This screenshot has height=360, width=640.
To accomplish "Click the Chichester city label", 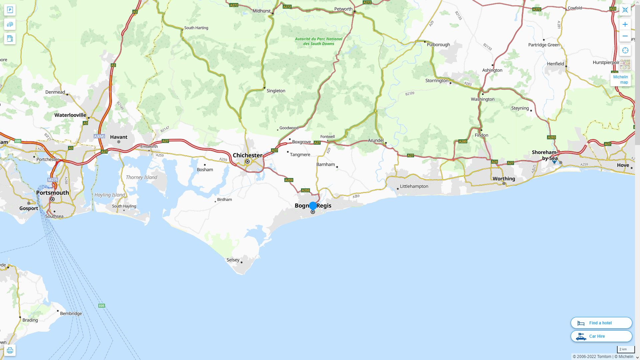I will point(247,155).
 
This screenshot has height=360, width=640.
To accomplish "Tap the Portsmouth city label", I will point(52,193).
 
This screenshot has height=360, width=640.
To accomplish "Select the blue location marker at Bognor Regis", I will point(313,206).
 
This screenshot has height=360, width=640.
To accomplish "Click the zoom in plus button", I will point(625,24).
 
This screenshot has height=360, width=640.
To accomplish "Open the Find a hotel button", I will point(601,323).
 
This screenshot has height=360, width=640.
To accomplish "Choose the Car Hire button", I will point(601,336).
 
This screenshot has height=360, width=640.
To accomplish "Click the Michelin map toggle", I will point(620,80).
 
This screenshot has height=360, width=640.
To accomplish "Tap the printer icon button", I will point(10,350).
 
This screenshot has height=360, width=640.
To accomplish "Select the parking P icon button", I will point(10,10).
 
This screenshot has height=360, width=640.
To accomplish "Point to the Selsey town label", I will point(233,260).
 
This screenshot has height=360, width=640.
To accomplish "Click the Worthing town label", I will point(504,179).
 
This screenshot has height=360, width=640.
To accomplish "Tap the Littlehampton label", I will point(414,186).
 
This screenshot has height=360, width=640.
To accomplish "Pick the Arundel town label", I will point(376,140).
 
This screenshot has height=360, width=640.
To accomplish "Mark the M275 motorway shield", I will point(53,180).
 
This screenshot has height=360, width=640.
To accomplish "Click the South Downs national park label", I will point(318,41).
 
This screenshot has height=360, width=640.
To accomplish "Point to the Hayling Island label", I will point(110,195).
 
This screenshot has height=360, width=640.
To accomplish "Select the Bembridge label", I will point(71,314).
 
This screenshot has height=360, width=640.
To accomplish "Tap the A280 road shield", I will point(463,141).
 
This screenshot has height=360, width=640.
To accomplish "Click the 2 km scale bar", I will point(625,349).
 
